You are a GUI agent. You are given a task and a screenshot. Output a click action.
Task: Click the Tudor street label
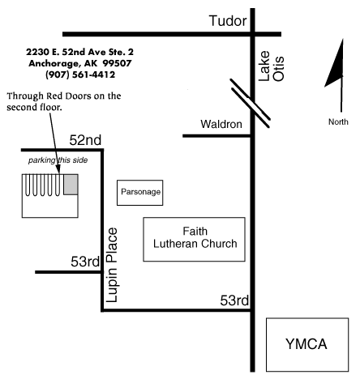pyautogui.click(x=228, y=21)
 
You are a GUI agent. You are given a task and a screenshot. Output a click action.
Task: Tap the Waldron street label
pyautogui.click(x=221, y=124)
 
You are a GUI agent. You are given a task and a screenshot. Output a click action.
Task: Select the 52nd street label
pyautogui.click(x=85, y=140)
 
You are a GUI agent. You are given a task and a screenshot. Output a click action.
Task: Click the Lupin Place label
pyautogui.click(x=112, y=265)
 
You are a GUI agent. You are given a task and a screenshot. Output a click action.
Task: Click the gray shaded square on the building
pyautogui.click(x=71, y=185)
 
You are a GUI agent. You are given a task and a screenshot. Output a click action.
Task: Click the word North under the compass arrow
pyautogui.click(x=338, y=121)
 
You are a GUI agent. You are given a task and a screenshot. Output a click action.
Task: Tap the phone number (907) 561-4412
pyautogui.click(x=80, y=75)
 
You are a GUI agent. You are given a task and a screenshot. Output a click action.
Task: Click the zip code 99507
pyautogui.click(x=117, y=63)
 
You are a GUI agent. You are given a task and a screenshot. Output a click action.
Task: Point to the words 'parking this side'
pyautogui.click(x=58, y=160)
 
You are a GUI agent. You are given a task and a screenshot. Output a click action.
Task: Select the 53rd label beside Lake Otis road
pyautogui.click(x=234, y=300)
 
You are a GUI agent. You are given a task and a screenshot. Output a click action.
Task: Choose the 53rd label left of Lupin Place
pyautogui.click(x=85, y=262)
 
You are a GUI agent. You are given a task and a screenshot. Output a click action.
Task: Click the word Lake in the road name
pyautogui.click(x=264, y=66)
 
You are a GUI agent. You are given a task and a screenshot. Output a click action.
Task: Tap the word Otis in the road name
pyautogui.click(x=278, y=69)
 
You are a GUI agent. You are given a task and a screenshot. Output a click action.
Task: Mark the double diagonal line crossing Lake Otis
pyautogui.click(x=250, y=103)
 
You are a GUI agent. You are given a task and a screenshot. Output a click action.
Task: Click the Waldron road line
pyautogui.click(x=217, y=136)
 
